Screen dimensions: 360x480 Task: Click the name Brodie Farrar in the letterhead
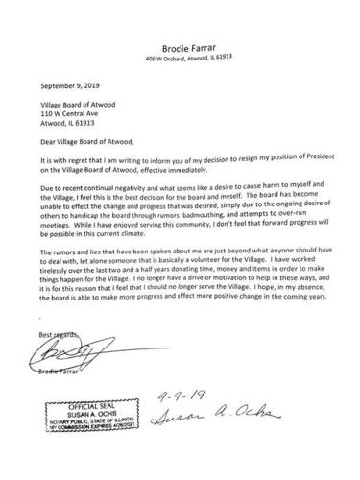[x=180, y=43]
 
